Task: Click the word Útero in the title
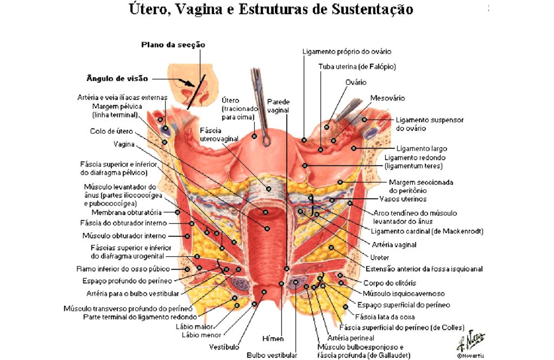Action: click(x=147, y=9)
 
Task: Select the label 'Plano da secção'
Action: click(x=173, y=45)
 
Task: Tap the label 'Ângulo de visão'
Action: click(x=117, y=78)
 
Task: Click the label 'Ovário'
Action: click(x=356, y=82)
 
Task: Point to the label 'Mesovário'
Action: click(x=387, y=98)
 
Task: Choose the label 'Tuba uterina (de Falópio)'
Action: click(x=357, y=66)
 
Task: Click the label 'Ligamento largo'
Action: click(x=421, y=149)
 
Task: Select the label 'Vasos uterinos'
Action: click(x=403, y=199)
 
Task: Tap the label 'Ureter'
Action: click(x=379, y=258)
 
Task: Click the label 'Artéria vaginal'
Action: click(x=394, y=244)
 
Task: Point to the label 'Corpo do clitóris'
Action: click(x=390, y=283)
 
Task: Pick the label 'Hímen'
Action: click(x=273, y=339)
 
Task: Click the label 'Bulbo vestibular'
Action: click(x=272, y=356)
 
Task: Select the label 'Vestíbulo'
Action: click(x=224, y=347)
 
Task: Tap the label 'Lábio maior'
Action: click(x=194, y=327)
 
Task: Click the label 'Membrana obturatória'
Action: click(x=127, y=212)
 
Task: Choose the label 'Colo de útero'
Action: click(x=111, y=131)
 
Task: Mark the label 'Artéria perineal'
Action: click(x=351, y=338)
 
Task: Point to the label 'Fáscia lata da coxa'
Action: click(x=385, y=317)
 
